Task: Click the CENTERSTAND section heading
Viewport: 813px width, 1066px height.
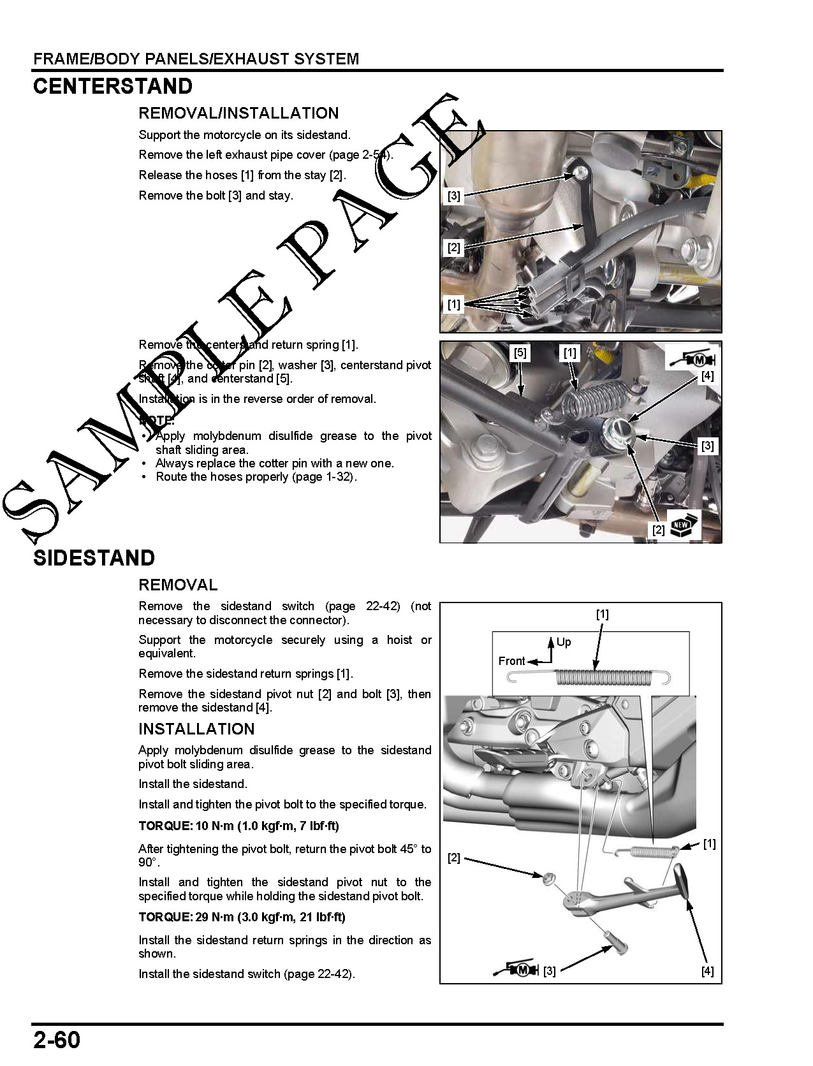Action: pos(112,87)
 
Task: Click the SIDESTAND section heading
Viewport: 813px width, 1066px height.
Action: pos(94,558)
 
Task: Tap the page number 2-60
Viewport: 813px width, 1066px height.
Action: pos(57,1040)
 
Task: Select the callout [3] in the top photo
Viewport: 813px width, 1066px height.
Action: pos(453,196)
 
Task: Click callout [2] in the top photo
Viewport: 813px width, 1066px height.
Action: pos(453,247)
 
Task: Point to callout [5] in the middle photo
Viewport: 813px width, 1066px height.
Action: pos(520,353)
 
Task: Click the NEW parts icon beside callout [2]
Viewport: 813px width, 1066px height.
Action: pos(684,525)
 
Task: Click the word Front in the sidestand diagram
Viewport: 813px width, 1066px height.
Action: pos(511,661)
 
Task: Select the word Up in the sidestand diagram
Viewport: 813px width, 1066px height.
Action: pos(564,642)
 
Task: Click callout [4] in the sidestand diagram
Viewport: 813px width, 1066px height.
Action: pos(707,971)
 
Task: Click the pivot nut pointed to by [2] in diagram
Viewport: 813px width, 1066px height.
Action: pos(548,878)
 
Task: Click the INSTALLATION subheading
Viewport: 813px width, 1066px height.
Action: pos(196,729)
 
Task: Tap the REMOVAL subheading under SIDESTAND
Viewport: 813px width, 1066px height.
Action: pos(178,585)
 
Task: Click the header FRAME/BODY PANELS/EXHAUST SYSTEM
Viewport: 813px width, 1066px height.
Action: pos(196,59)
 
